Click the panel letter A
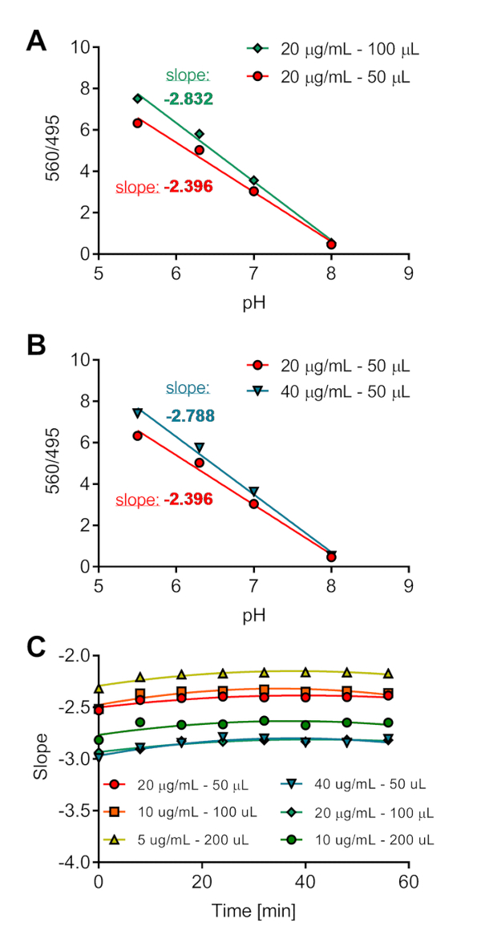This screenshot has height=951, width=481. click(37, 41)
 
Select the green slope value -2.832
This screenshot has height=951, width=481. click(188, 99)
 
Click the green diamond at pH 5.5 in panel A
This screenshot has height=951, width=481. click(138, 98)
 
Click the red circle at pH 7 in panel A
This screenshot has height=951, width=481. click(254, 191)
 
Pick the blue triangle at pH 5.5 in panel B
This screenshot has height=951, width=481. click(138, 413)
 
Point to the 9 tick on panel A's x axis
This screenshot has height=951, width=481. click(409, 273)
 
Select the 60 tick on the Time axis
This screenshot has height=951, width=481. click(409, 881)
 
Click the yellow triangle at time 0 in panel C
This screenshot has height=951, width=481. click(99, 688)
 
